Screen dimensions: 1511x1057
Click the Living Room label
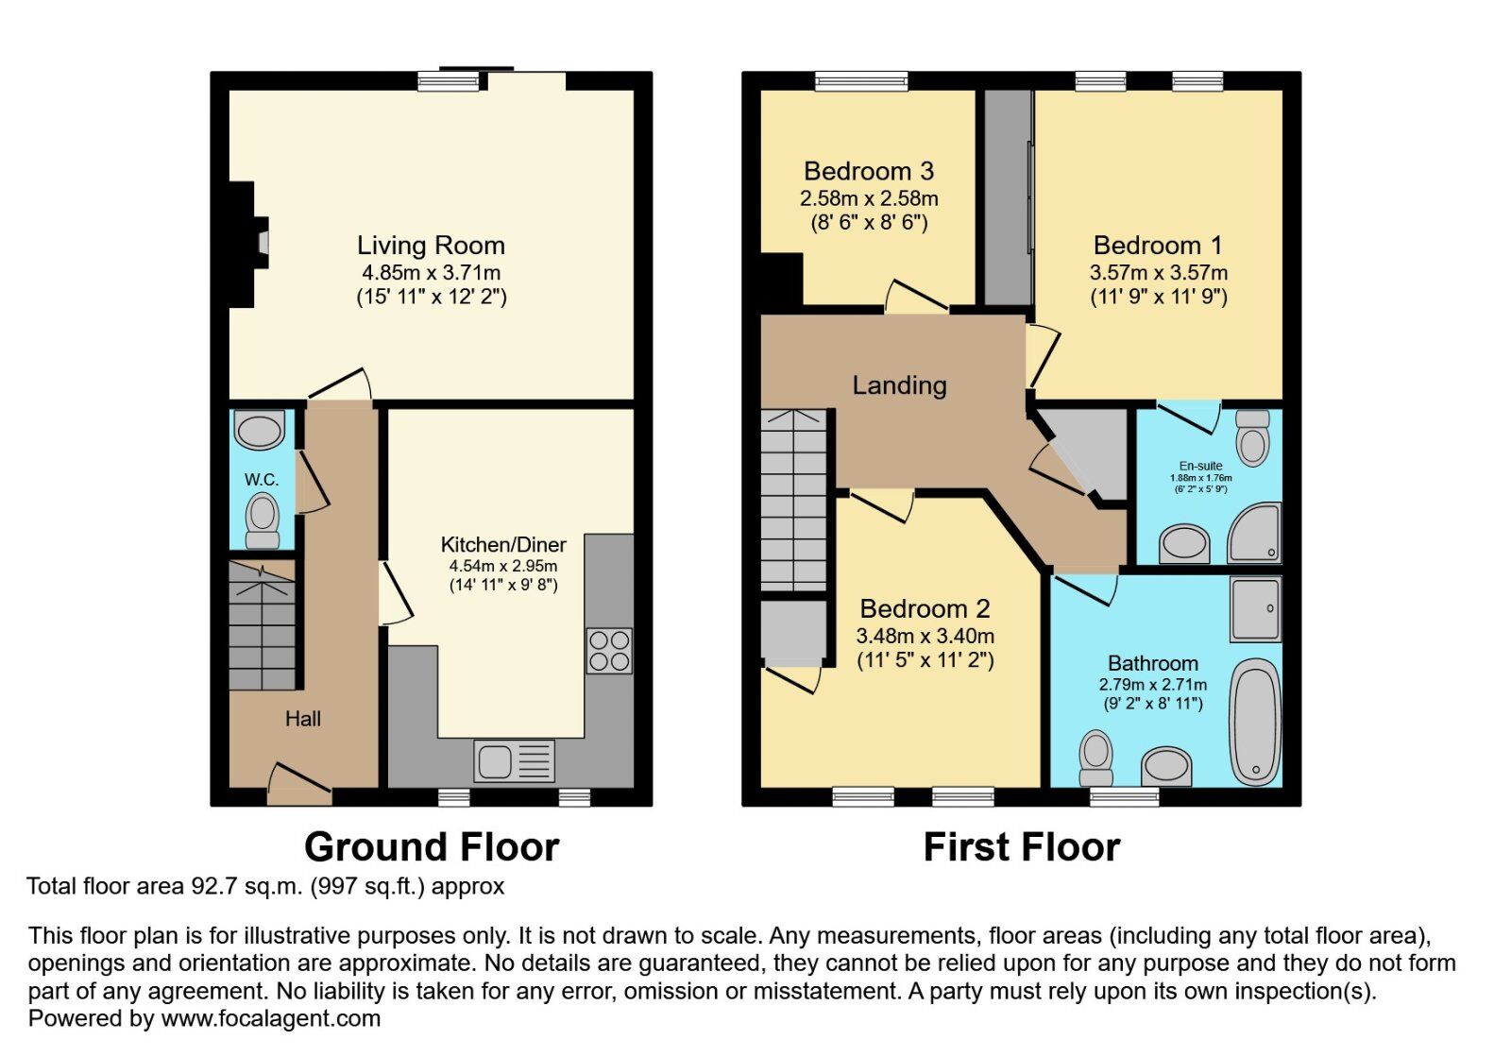431,246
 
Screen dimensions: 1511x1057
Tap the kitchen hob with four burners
609,650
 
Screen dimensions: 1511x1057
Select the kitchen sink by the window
514,761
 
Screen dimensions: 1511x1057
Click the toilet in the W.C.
263,520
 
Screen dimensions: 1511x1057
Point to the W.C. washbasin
259,430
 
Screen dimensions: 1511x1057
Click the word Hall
303,719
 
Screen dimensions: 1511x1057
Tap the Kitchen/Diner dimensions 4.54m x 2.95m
503,566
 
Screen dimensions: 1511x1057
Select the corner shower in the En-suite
1254,533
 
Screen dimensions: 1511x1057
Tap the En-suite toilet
1252,438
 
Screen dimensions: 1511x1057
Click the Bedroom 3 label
869,171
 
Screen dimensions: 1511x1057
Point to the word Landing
899,385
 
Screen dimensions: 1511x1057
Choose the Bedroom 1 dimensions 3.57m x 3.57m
1158,273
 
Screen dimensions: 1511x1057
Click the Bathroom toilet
1096,759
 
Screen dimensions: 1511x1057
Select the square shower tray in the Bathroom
1255,609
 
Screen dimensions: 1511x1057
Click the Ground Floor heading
432,846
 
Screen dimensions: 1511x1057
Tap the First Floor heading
1021,846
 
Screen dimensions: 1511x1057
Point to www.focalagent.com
270,1018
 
